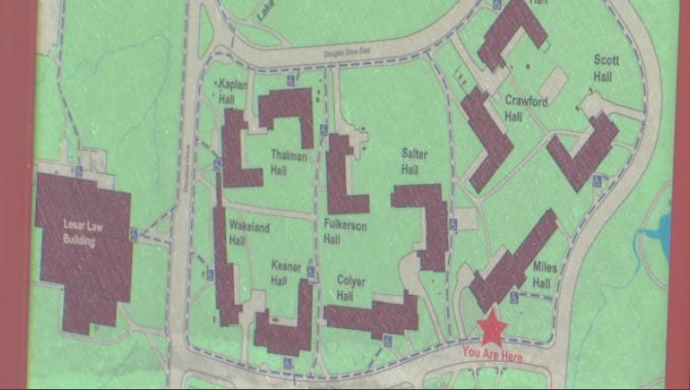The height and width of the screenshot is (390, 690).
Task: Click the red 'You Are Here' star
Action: [x=493, y=329]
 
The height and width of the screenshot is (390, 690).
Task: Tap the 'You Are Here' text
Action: [x=492, y=357]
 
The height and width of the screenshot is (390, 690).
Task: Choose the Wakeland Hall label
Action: [x=248, y=234]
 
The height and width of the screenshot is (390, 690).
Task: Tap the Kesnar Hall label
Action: [x=279, y=275]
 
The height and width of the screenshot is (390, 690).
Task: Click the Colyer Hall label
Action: [x=350, y=288]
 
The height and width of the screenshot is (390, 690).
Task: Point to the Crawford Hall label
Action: [x=526, y=108]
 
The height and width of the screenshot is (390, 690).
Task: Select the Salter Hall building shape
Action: [x=427, y=223]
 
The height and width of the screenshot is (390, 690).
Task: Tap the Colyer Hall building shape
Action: [x=374, y=315]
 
